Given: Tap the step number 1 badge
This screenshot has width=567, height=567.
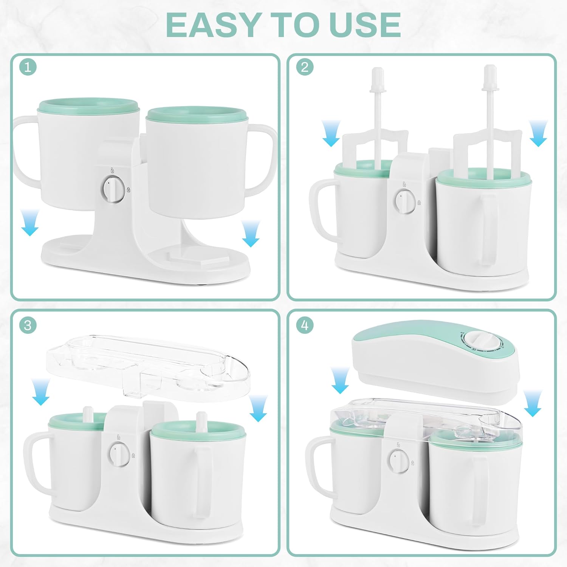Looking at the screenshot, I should [x=28, y=68].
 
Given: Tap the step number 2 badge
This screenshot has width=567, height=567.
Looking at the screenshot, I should [x=305, y=67].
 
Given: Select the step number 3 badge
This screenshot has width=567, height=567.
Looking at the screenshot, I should [x=28, y=325].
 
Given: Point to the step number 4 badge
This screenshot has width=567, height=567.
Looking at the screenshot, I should [x=305, y=325].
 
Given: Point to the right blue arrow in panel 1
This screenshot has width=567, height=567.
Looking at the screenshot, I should [x=251, y=233].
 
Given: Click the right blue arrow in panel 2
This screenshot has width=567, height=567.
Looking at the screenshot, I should [x=538, y=133].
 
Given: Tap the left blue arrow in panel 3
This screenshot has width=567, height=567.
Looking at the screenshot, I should [x=41, y=392].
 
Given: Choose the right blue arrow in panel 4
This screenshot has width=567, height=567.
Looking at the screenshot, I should [x=533, y=403].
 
